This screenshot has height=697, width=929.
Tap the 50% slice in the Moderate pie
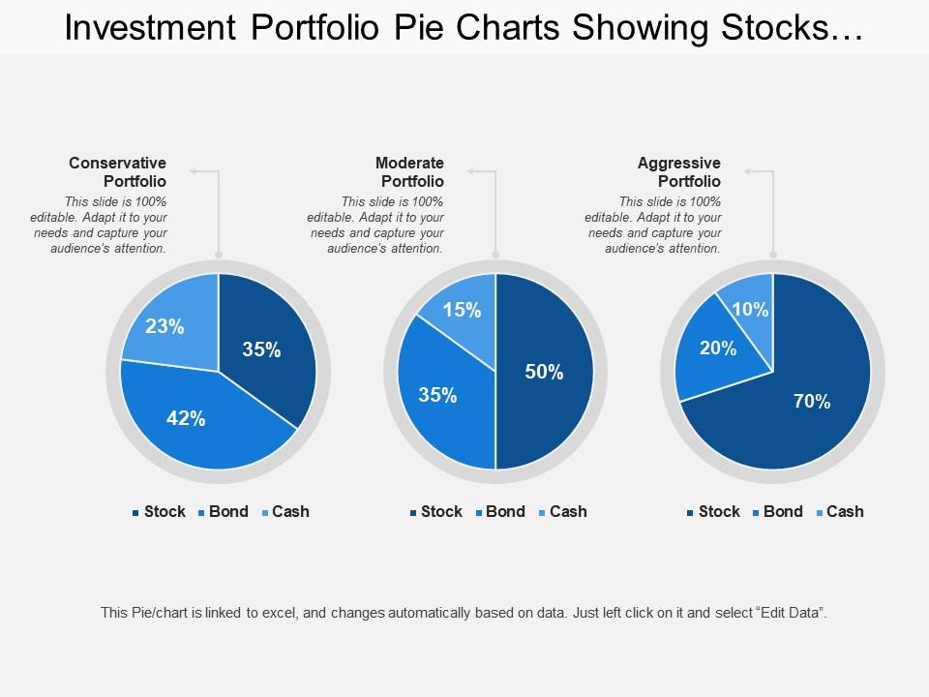pyautogui.click(x=544, y=373)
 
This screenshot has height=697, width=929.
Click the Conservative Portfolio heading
pyautogui.click(x=118, y=172)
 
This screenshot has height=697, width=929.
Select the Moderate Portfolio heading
pyautogui.click(x=409, y=172)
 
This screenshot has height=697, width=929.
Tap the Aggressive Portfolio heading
pyautogui.click(x=679, y=172)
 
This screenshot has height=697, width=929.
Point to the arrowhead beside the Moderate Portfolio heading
pyautogui.click(x=471, y=171)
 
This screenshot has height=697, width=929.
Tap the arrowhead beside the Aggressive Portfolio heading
pyautogui.click(x=748, y=171)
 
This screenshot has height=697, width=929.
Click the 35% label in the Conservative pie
pyautogui.click(x=261, y=350)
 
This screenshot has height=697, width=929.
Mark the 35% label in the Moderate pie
pyautogui.click(x=438, y=395)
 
